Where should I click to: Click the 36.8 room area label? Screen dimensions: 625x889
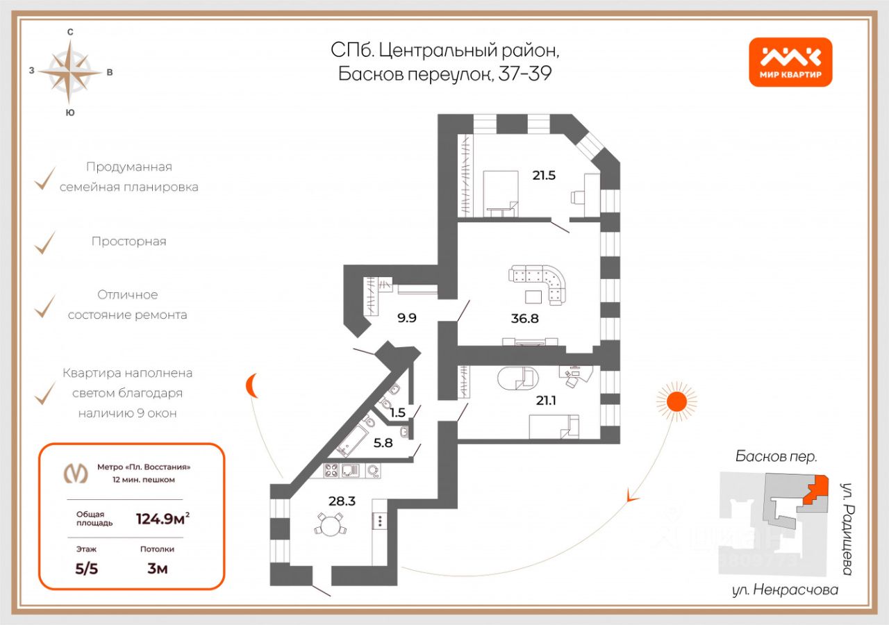tap(524, 319)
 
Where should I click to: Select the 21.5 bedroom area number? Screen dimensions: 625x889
tap(544, 175)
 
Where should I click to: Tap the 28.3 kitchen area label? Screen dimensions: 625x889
tap(342, 499)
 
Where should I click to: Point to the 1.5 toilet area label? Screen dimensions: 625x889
tap(397, 412)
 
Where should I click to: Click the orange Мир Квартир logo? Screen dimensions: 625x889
tap(790, 62)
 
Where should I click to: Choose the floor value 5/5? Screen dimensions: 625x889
tap(88, 569)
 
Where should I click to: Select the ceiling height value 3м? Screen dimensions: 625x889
tap(157, 569)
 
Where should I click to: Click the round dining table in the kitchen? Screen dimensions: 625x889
tap(329, 524)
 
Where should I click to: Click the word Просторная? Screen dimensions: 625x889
tap(128, 242)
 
